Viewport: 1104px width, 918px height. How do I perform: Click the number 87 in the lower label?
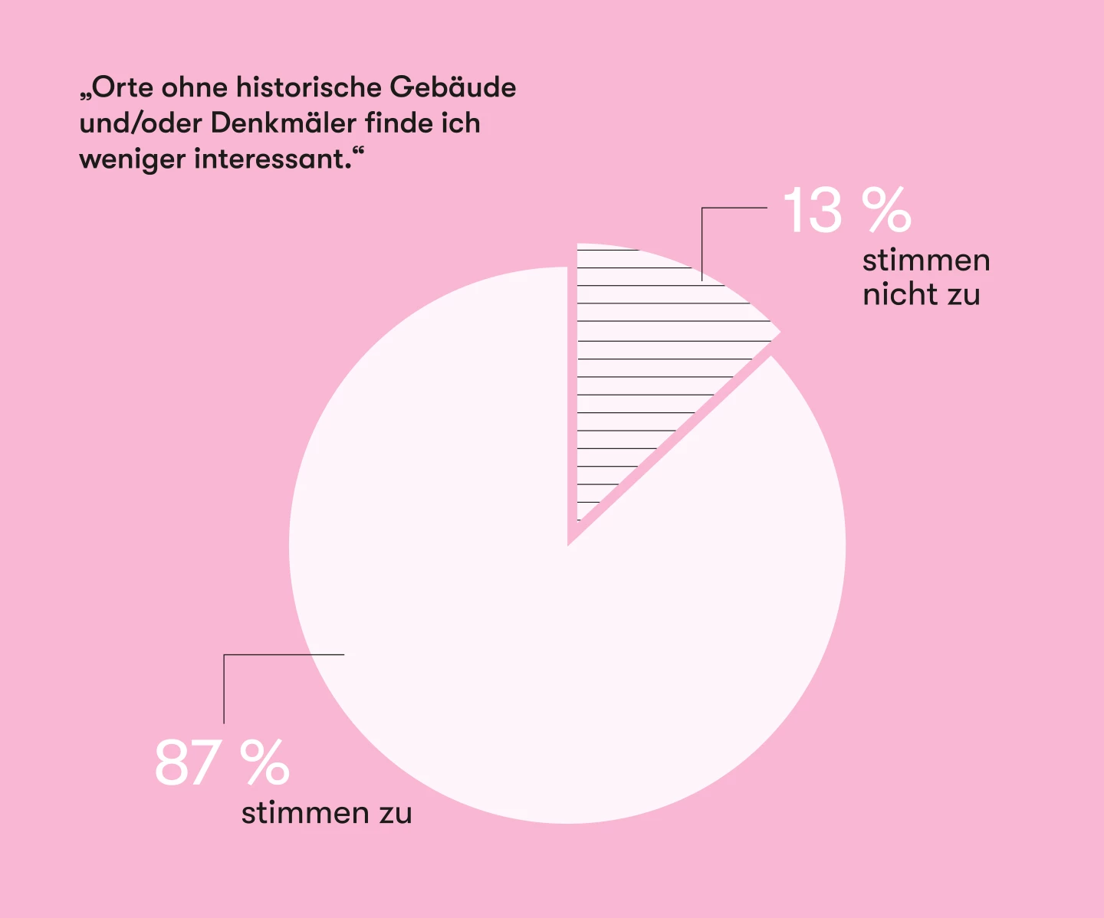click(186, 762)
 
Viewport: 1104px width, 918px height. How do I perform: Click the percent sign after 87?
click(265, 762)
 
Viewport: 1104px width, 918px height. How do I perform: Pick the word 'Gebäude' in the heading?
click(453, 87)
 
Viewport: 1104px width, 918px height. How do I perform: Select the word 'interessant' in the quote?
click(269, 159)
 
